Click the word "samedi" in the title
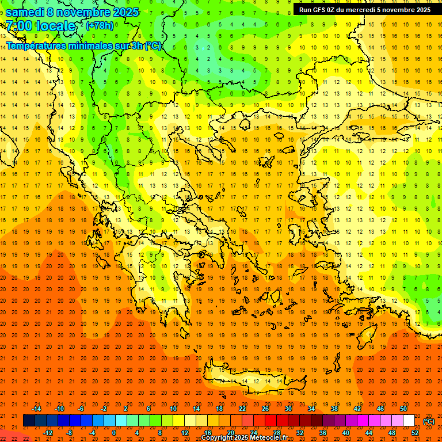coord(28,12)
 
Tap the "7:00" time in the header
coord(19,26)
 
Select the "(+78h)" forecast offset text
coord(100,26)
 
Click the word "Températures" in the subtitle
coord(35,45)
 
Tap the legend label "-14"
coord(36,409)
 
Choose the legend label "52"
coord(415,432)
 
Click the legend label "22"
coord(242,409)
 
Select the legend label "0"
coord(113,432)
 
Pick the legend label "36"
coord(322,432)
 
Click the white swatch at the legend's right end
coord(409,421)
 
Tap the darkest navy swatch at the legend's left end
coord(29,421)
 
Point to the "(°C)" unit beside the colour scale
coord(429,421)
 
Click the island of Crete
coord(253,380)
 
